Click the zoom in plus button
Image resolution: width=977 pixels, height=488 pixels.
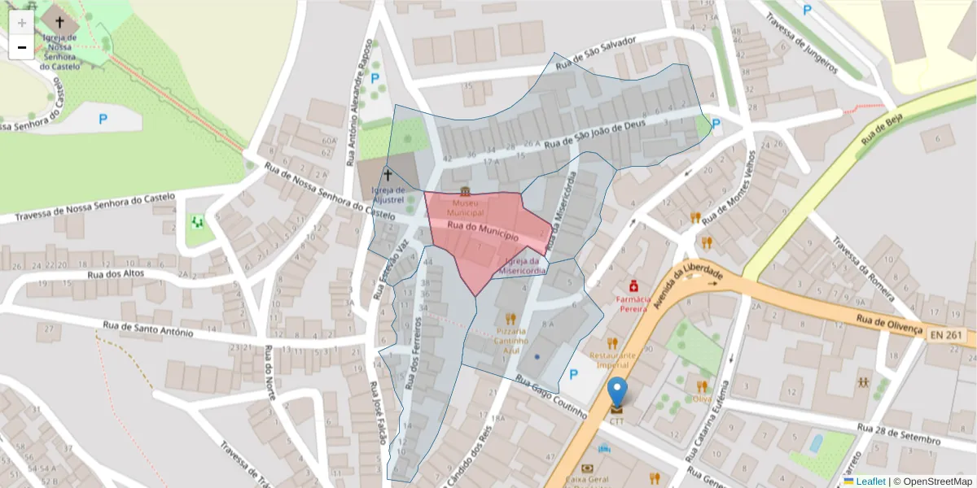coord(22,23)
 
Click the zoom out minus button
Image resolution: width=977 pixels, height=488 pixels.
coord(22,47)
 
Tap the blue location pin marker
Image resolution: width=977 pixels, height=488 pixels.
coord(618,392)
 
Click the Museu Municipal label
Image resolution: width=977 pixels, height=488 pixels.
coord(464,207)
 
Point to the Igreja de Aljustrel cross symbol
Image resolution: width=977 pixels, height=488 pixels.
coord(388,175)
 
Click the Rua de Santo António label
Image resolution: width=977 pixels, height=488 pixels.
coord(147,329)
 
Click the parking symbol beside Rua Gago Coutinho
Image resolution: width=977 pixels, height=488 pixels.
coord(573,375)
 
